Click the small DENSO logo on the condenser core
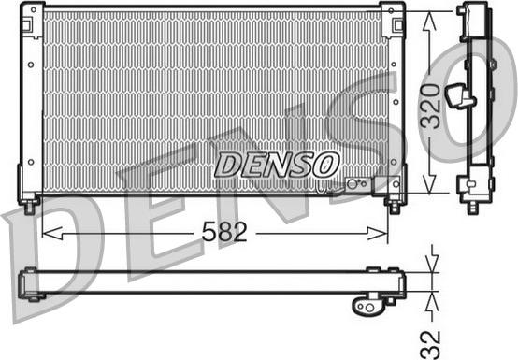[x=277, y=165]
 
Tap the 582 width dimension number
[x=224, y=232]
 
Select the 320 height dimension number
[x=430, y=106]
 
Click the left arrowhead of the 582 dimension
[x=52, y=233]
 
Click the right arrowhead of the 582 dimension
[x=377, y=234]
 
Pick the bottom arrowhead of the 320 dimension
[x=429, y=183]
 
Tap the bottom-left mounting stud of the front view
[x=30, y=207]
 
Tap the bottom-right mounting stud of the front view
[x=394, y=207]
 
